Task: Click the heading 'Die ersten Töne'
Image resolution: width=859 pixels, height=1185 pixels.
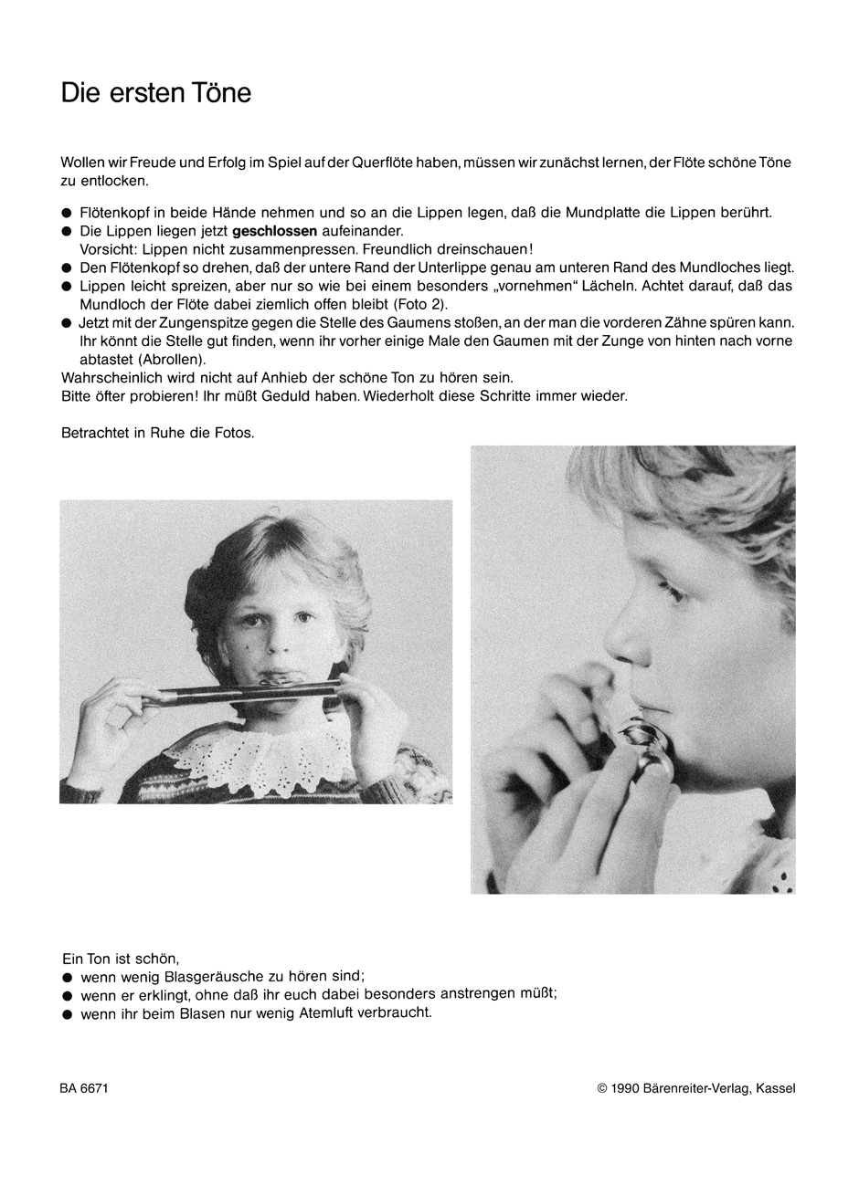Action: point(155,93)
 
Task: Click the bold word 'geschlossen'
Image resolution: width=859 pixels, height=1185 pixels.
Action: point(274,231)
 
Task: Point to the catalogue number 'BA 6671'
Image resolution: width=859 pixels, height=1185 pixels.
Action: point(85,1088)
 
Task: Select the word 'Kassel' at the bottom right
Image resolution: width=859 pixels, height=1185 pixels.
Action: point(775,1088)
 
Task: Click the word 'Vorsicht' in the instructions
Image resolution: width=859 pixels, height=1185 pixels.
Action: point(103,249)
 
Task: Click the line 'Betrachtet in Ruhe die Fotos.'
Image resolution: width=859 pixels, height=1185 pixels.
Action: point(157,433)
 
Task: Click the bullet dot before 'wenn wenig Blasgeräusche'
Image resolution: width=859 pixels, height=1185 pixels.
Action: point(67,977)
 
